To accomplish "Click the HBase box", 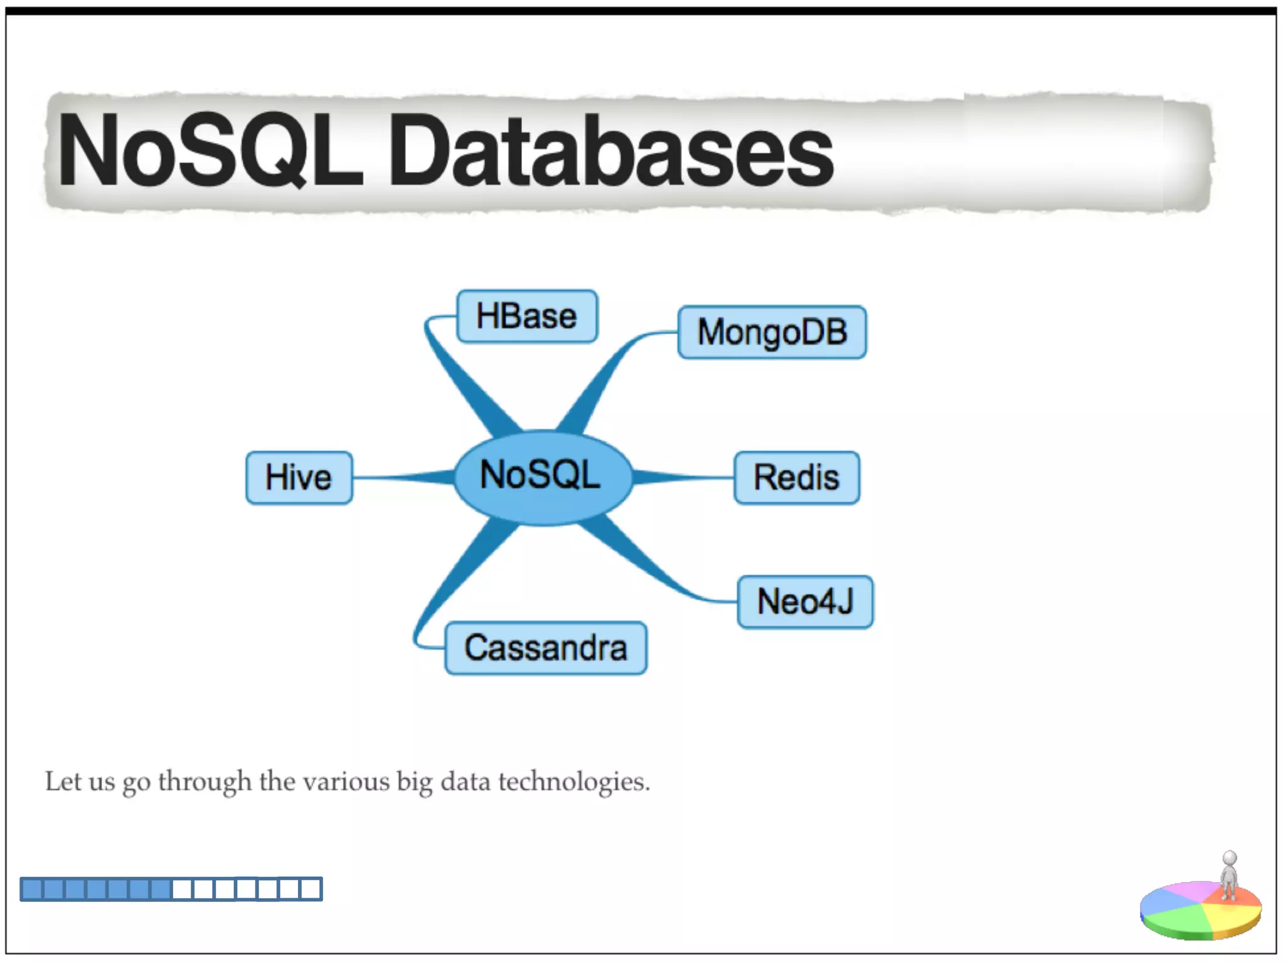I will point(526,316).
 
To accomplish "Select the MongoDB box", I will point(772,332).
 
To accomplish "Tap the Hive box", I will point(299,478).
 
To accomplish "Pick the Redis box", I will point(796,478).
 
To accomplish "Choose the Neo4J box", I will point(805,602).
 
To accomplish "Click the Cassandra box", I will point(545,648).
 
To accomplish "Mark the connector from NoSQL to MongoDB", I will point(602,383).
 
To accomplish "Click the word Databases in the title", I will point(612,152).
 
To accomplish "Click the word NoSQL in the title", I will point(210,151).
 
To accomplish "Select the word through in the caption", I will point(205,782).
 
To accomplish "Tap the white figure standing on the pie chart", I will point(1229,876).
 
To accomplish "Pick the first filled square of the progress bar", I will point(31,889).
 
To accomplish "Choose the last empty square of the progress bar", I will point(311,889).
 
